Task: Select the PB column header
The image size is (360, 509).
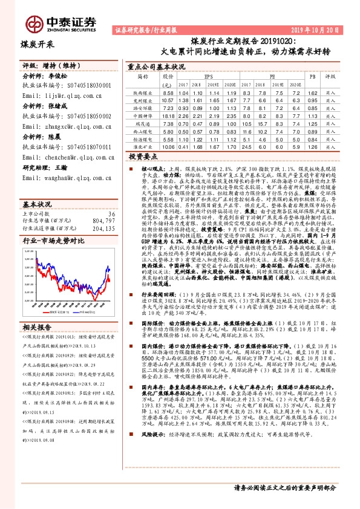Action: (x=313, y=77)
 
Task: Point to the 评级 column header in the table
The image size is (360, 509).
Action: (x=330, y=77)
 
